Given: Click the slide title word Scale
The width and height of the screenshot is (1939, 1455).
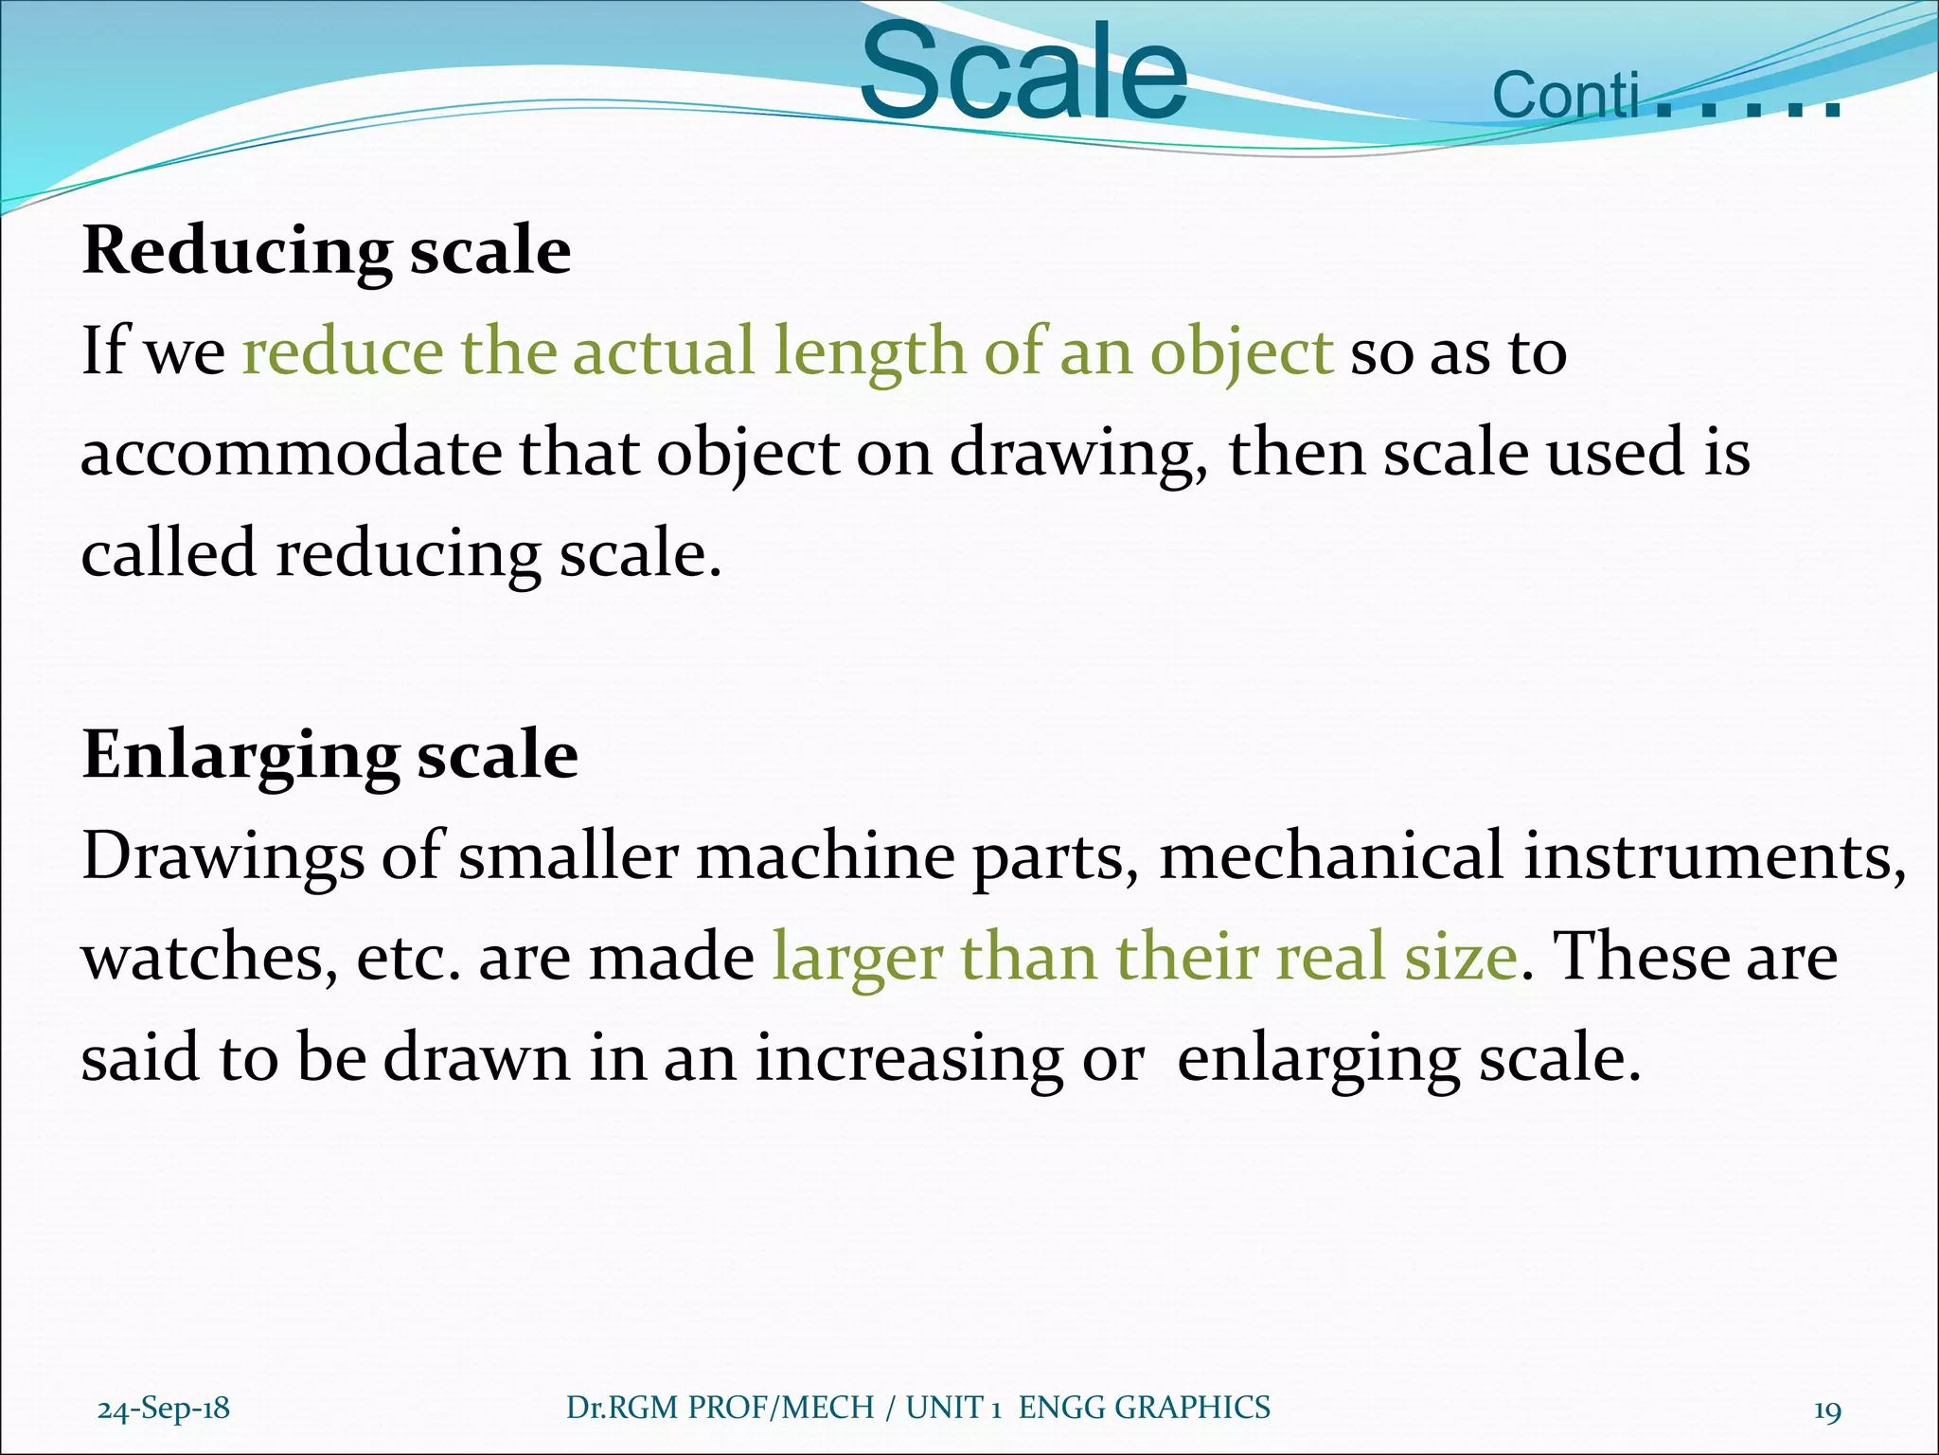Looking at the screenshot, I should point(1023,74).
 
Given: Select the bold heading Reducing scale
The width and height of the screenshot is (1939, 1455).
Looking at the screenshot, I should point(327,251).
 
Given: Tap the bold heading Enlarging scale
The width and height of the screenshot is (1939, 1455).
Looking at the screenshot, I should point(329,756).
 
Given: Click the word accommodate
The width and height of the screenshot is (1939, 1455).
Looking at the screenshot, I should point(291,453).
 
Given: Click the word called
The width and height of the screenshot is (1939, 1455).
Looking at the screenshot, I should point(169,553).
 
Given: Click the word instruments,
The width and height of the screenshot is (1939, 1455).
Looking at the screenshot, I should point(1715,856).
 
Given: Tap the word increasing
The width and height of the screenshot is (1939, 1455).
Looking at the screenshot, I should point(909,1059).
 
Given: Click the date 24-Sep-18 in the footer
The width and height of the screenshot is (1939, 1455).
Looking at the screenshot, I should point(164,1409).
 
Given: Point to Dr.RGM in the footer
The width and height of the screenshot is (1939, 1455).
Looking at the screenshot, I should point(622,1408).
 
